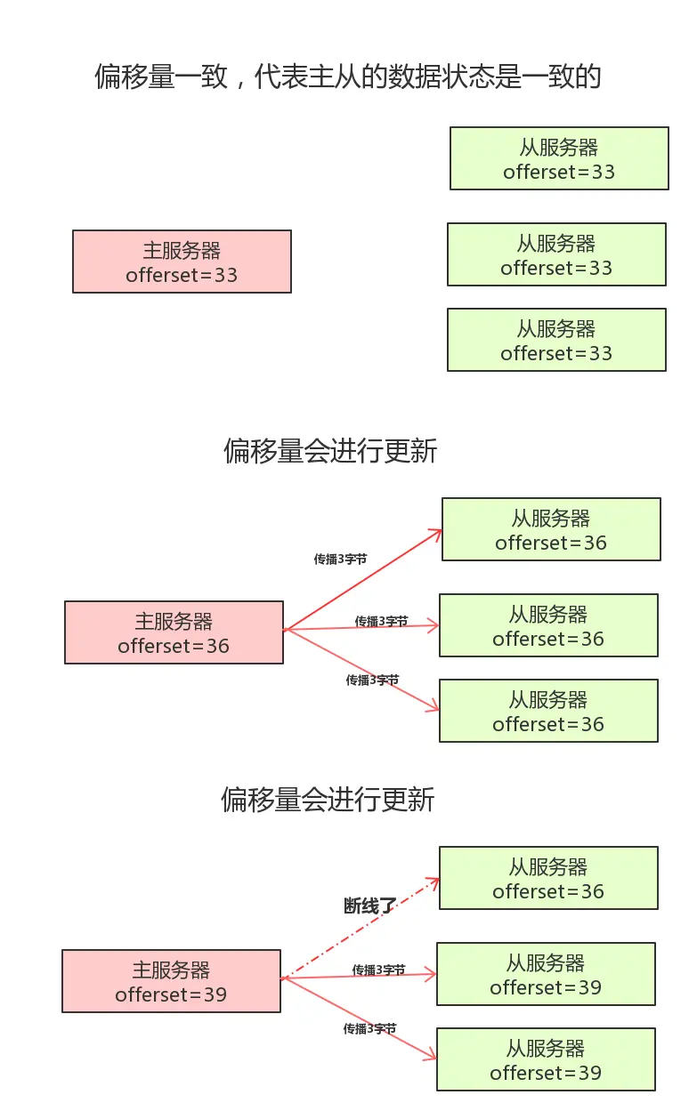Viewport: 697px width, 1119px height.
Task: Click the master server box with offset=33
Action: pos(182,262)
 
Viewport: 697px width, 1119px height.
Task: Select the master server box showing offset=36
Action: pos(174,632)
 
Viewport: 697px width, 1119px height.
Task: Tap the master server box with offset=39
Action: pos(171,981)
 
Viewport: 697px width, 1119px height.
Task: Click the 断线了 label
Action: pos(369,906)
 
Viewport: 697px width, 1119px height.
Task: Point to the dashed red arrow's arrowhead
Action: pos(434,882)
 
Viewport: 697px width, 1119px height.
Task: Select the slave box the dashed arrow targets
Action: pos(548,878)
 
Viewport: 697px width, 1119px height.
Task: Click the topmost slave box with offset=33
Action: pos(559,158)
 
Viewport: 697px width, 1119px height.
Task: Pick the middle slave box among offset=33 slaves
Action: pos(556,254)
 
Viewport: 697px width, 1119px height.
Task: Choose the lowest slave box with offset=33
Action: pos(556,340)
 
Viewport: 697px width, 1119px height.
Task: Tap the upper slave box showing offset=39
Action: pos(546,974)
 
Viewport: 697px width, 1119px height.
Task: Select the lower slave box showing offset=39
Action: pos(546,1059)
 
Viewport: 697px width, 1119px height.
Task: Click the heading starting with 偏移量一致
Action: pos(348,76)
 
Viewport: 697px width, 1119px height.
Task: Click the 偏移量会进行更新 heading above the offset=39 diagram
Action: pos(328,800)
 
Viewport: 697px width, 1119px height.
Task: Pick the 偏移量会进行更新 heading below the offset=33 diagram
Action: pos(330,452)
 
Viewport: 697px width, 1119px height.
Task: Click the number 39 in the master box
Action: pos(215,994)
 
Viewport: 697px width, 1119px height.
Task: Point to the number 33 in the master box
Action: pos(226,275)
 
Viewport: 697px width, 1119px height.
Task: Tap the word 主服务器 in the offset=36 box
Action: pos(174,621)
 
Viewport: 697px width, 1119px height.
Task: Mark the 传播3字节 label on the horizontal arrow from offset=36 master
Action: pos(381,622)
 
